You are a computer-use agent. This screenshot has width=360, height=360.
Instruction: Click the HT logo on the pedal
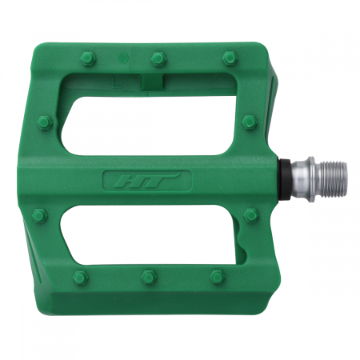point(147,180)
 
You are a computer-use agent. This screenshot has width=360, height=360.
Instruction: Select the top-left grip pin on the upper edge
point(84,58)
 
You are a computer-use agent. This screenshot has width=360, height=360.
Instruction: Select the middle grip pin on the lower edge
point(147,277)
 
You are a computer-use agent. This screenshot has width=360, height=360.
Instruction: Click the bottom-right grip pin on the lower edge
point(216,277)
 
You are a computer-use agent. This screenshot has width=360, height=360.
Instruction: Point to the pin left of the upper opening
point(42,122)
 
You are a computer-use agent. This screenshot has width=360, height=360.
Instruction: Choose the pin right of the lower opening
point(250,214)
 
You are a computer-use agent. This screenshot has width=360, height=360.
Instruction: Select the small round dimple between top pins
point(122,58)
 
